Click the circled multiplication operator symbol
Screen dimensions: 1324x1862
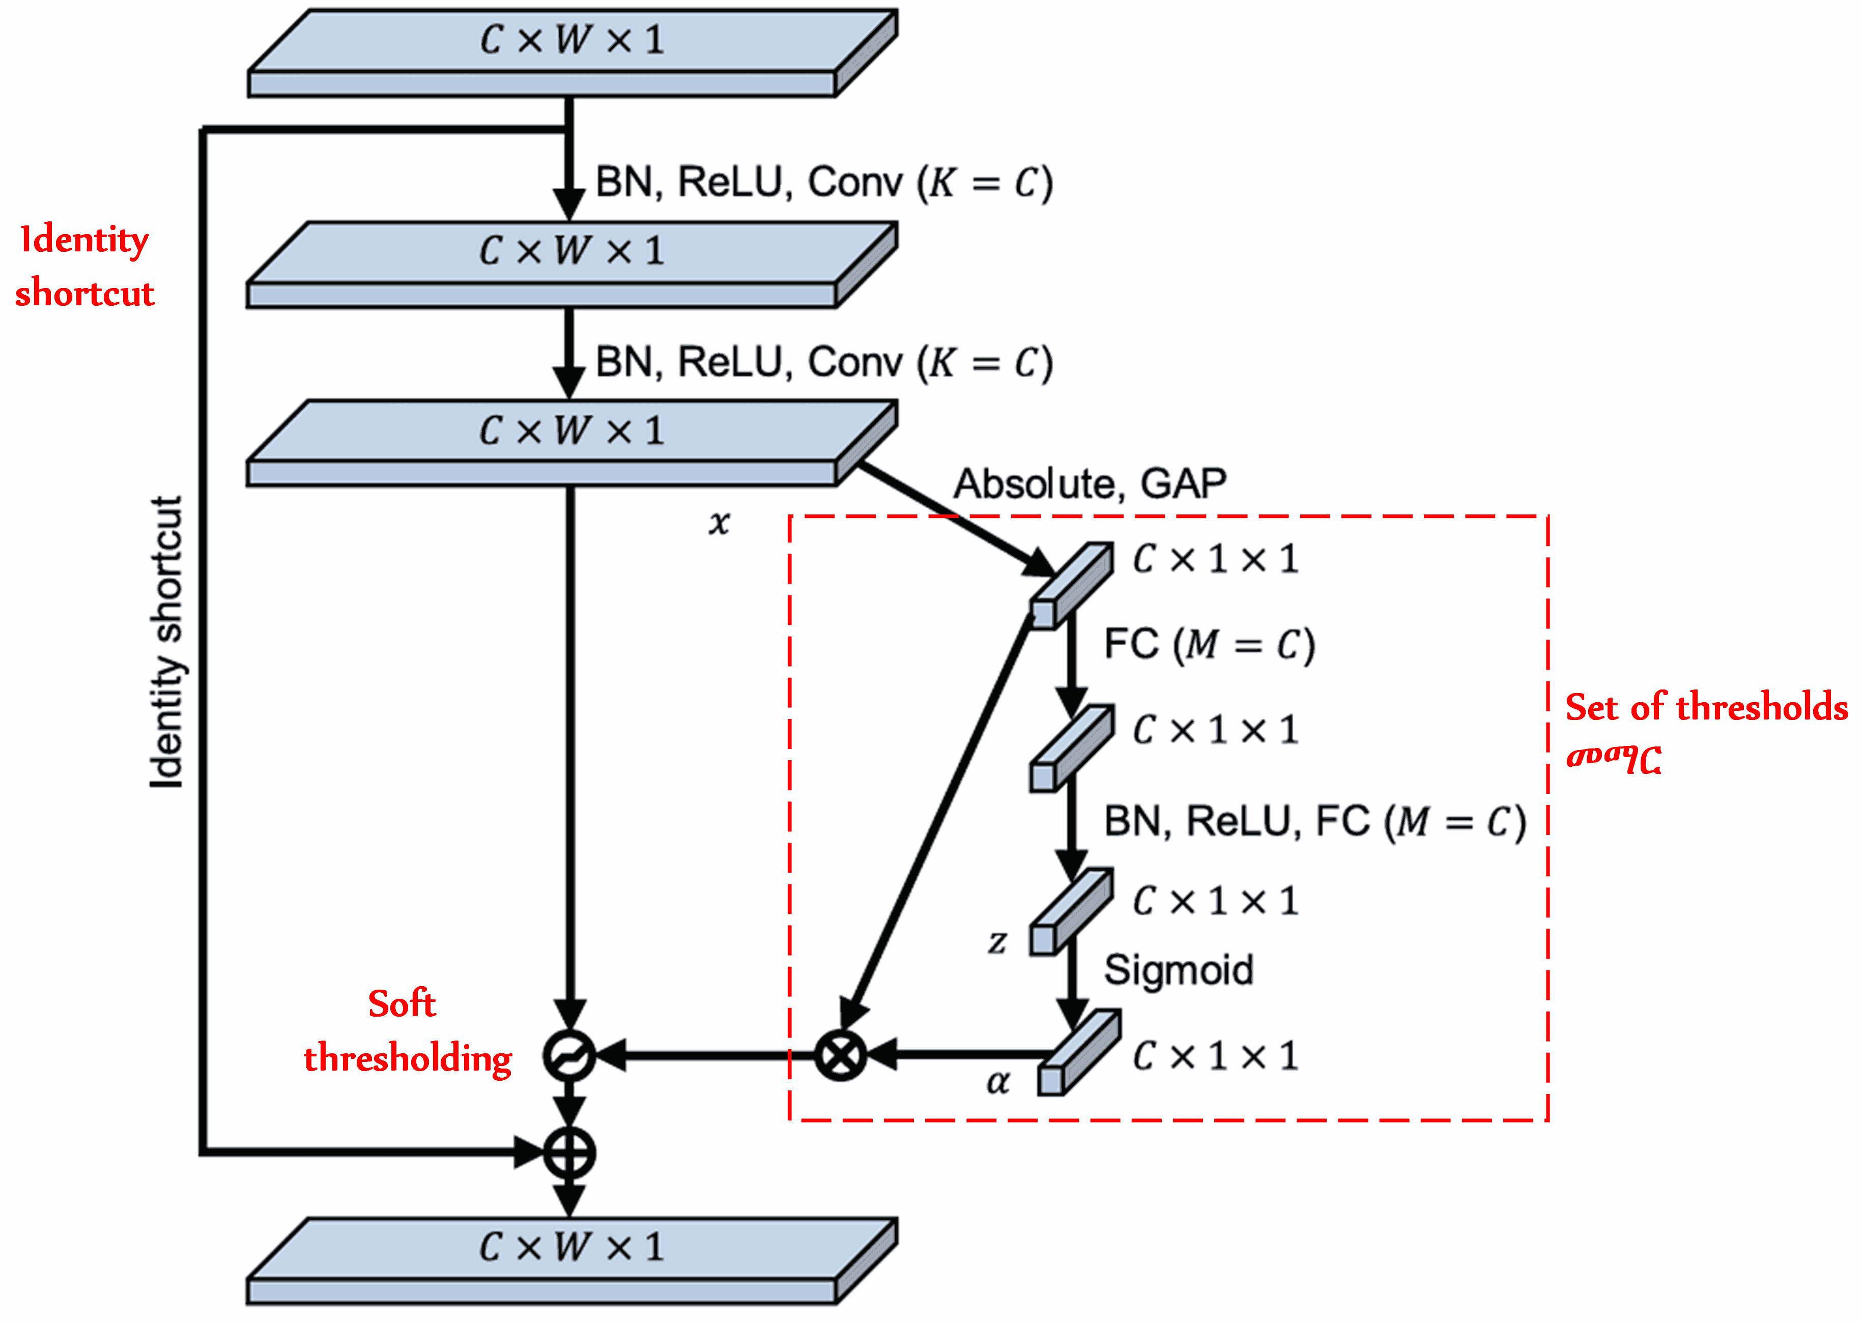tap(841, 1055)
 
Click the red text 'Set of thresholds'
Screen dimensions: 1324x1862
tap(1705, 707)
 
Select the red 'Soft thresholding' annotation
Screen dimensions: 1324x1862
tap(407, 1031)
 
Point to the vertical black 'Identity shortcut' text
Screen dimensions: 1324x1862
tap(167, 643)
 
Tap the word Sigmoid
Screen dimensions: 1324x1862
tap(1178, 970)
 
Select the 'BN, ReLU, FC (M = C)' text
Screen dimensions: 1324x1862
tap(1314, 822)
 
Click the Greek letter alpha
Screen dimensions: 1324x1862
tap(998, 1082)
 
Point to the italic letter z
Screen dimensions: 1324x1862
tap(997, 942)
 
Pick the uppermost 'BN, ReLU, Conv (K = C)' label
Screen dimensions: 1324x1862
tap(823, 182)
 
